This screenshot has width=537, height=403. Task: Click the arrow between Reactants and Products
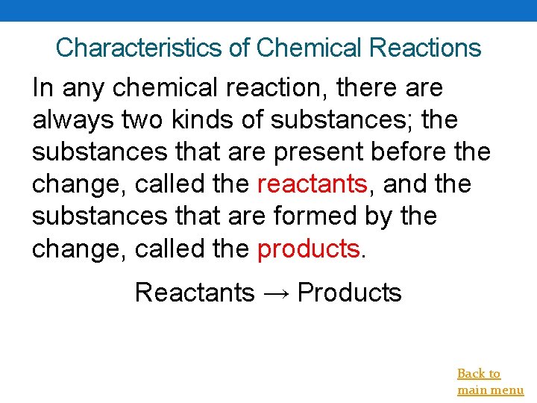pos(275,293)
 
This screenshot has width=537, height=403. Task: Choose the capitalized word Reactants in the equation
pos(194,293)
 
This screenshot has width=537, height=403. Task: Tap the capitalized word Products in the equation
pos(349,293)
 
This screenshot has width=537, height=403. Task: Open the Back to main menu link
pos(489,381)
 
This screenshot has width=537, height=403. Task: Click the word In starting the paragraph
pos(43,87)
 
